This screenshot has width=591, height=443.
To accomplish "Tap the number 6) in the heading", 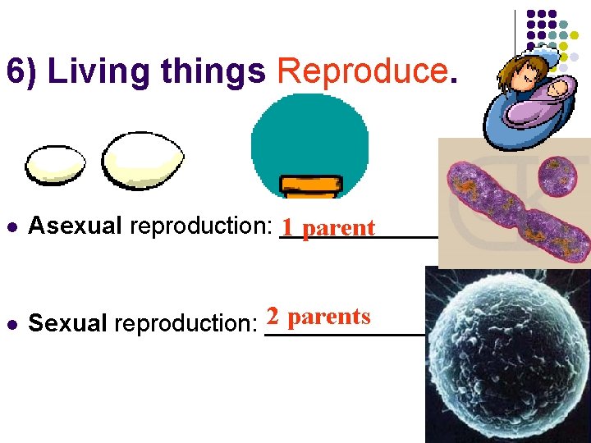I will [x=23, y=72].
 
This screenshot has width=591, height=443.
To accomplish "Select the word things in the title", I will [x=213, y=72].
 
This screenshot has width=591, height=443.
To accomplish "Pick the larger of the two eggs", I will [x=143, y=160].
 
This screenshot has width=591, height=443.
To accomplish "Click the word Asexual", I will [x=76, y=226].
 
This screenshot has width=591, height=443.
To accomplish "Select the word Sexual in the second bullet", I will [x=67, y=323].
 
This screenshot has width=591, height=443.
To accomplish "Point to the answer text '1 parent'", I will [x=328, y=227].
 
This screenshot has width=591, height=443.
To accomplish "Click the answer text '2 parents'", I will [x=318, y=317].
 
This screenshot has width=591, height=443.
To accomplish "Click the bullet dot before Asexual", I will [x=10, y=227].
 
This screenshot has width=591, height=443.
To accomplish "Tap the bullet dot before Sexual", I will [x=10, y=324].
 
